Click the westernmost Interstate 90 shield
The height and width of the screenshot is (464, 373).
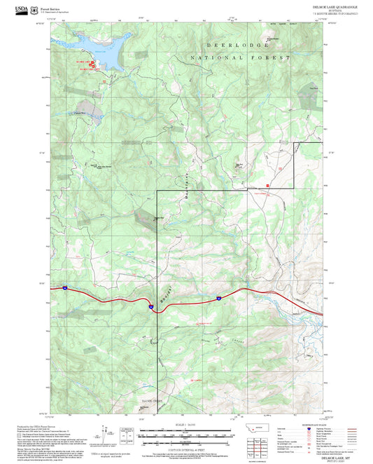(63, 287)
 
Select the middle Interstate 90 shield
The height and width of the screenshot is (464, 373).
(150, 306)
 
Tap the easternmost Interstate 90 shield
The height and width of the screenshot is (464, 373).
(218, 298)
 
